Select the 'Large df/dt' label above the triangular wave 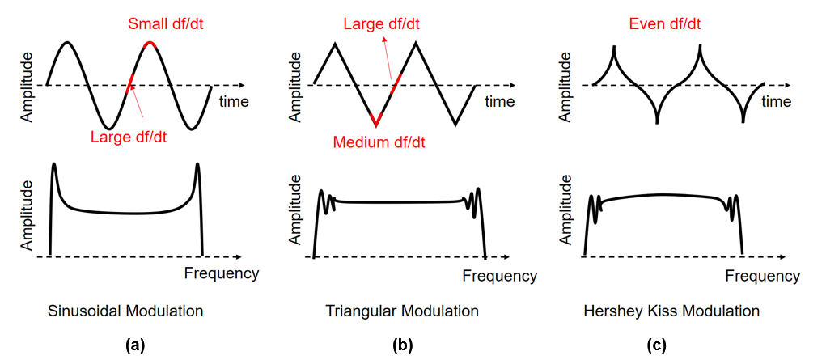tap(381, 23)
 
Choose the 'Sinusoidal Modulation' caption tap(125, 311)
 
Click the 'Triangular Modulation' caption tap(402, 311)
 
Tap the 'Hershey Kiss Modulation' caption tap(671, 311)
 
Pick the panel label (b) tap(403, 345)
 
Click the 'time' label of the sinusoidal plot tap(234, 101)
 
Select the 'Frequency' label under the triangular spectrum tap(501, 275)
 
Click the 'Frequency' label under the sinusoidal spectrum tap(222, 273)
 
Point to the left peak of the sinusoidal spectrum tap(53, 164)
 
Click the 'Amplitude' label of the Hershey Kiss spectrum tap(565, 211)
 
